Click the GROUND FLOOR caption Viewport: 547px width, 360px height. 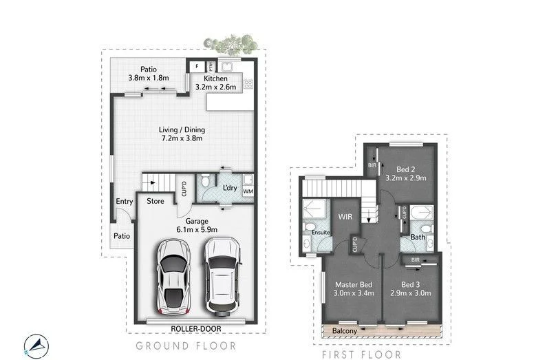(186, 346)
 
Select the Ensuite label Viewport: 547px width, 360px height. (321, 233)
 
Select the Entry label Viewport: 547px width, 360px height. (124, 202)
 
